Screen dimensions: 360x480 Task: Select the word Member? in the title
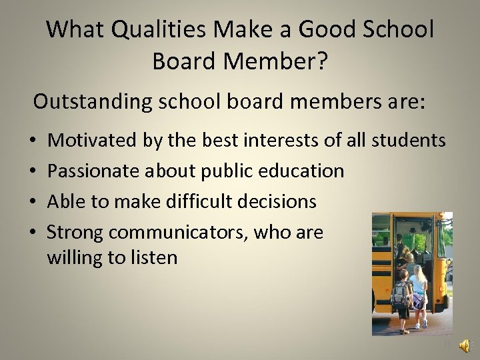tap(275, 61)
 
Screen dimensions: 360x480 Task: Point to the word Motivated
tap(93, 140)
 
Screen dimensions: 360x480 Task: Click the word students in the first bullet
tap(408, 140)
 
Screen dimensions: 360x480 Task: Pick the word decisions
tap(283, 201)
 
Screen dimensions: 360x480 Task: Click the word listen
tap(154, 257)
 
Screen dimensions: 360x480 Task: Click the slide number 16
tap(447, 344)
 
